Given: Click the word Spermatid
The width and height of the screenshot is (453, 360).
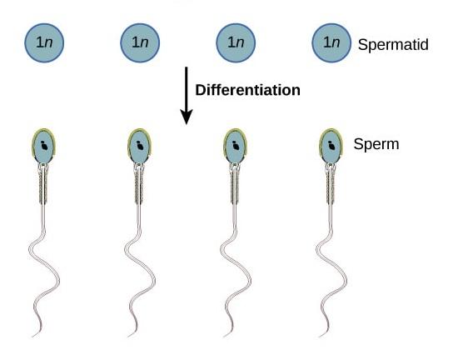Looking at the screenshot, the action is (x=393, y=45).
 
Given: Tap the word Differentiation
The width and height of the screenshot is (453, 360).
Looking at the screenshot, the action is (x=247, y=90).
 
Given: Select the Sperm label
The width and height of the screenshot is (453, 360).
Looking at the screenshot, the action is (x=376, y=143).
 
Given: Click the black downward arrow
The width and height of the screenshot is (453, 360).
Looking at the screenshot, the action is (x=187, y=96).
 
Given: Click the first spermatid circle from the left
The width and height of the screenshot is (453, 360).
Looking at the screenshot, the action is (x=44, y=42).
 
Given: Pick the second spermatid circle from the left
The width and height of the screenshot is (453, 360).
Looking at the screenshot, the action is (x=140, y=42).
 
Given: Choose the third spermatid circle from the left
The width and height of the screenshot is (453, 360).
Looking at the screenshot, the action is (x=236, y=42).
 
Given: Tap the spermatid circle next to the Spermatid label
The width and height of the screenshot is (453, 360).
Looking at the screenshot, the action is (x=331, y=42).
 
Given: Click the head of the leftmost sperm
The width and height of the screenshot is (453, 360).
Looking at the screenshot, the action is (x=43, y=146).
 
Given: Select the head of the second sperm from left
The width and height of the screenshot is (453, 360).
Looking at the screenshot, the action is (x=140, y=146).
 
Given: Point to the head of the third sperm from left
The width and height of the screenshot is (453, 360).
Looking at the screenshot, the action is (x=235, y=146).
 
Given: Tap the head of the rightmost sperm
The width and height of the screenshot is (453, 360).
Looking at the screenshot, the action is (x=331, y=146).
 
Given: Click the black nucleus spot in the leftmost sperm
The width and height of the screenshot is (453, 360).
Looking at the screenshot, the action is (x=44, y=146).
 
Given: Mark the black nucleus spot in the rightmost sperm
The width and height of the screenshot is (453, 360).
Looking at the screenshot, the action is (x=331, y=146).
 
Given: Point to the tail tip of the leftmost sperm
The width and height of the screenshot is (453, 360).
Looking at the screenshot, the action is (x=32, y=337).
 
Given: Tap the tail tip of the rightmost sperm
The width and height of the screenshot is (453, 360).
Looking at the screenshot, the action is (x=320, y=337).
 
